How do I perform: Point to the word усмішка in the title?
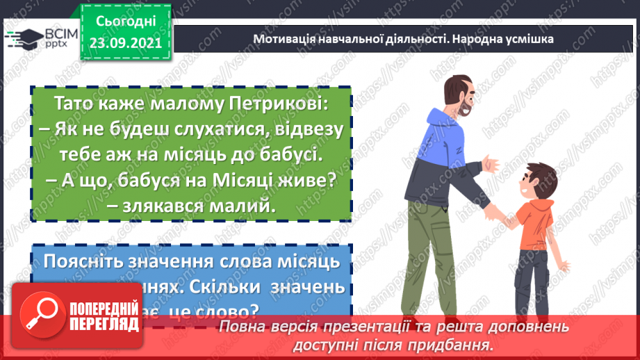528,39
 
